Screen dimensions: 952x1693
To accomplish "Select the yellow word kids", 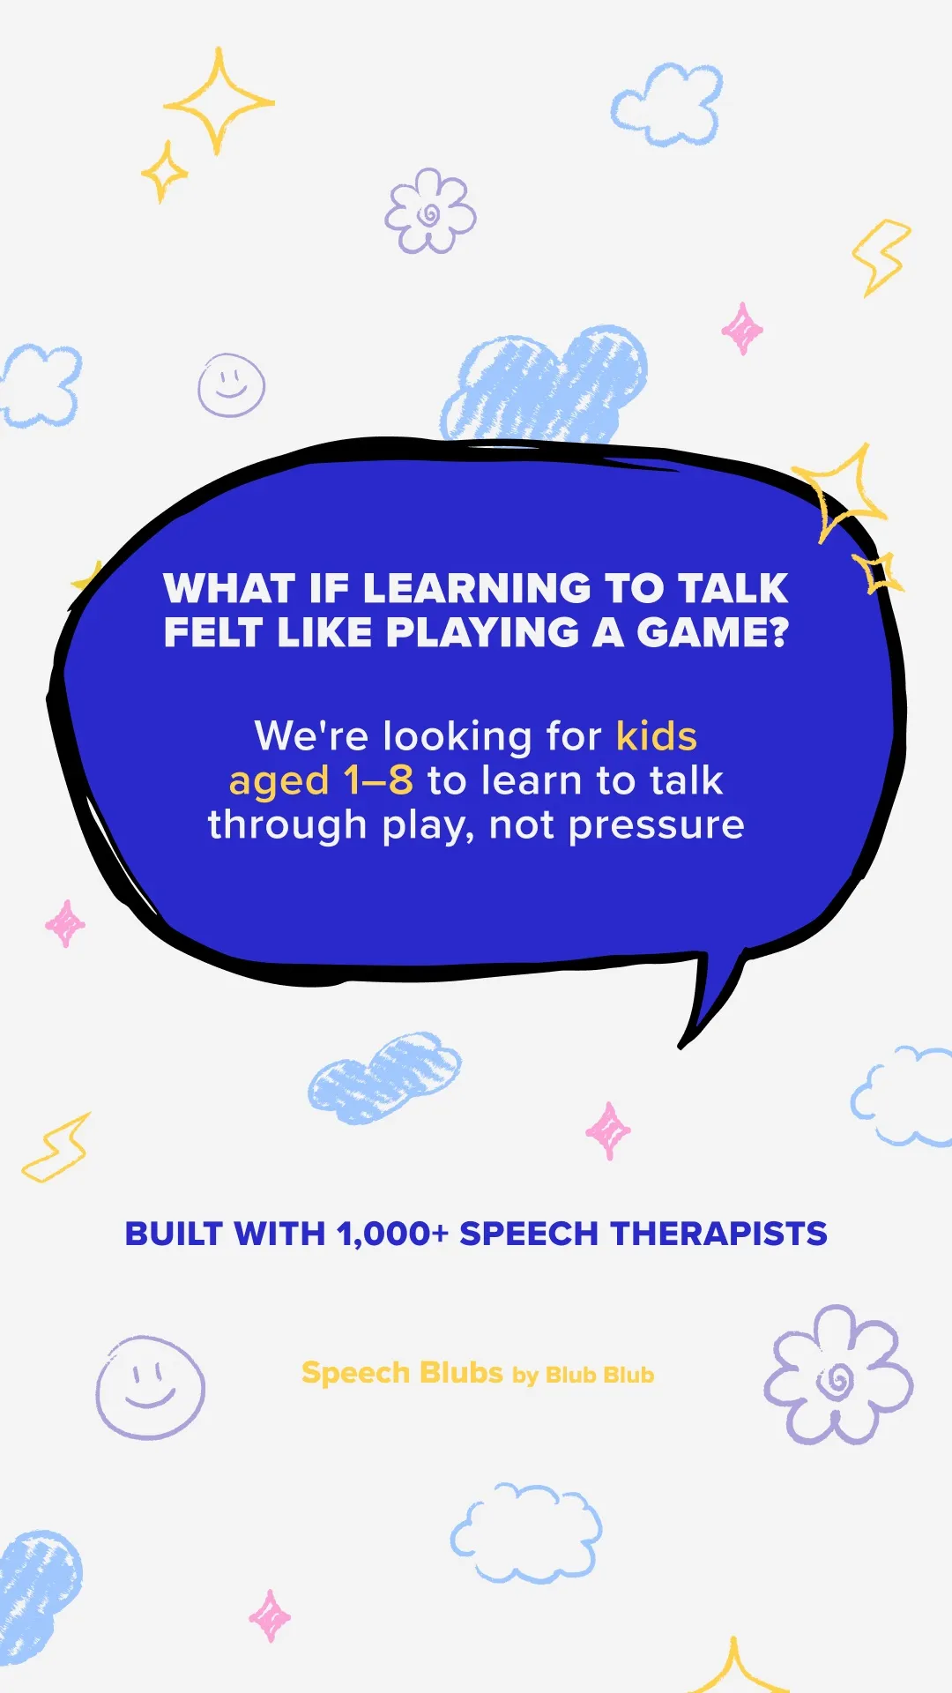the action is point(657,736).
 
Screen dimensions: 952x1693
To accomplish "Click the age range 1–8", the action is point(378,780).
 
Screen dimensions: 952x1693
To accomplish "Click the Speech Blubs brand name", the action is point(402,1373).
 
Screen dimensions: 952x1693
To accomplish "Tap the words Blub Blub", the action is point(599,1375).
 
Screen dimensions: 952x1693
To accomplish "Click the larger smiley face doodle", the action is point(151,1387).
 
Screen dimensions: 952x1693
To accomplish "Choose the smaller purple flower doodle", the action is point(430,211).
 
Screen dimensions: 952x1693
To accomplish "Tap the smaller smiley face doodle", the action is point(231,385).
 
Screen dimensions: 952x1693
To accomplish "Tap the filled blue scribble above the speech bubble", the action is point(545,385).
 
